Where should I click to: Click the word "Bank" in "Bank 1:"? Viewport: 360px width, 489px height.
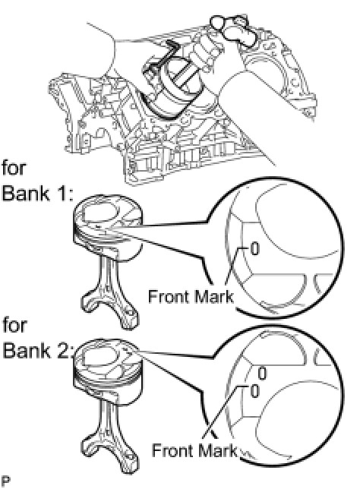coord(25,193)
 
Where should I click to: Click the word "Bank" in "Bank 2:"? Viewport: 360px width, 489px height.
coord(26,350)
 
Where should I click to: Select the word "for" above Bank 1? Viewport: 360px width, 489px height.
coord(14,168)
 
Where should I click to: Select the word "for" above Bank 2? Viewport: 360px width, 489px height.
coord(14,325)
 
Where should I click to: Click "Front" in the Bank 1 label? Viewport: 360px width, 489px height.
coord(171,296)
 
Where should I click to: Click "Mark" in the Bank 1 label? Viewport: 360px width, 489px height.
coord(216,296)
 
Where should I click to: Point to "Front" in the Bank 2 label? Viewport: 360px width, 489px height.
coord(173,450)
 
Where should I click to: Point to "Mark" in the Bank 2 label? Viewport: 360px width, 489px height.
coord(219,450)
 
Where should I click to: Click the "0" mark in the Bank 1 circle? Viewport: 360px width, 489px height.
coord(255,249)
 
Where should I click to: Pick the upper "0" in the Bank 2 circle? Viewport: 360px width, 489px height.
coord(262,374)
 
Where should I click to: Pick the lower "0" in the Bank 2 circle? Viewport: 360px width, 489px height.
coord(255,391)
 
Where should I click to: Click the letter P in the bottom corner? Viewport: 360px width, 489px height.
coord(5,482)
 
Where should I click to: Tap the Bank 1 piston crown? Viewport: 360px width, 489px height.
coord(107,216)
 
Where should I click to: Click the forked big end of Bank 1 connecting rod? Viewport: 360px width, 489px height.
coord(110,308)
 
